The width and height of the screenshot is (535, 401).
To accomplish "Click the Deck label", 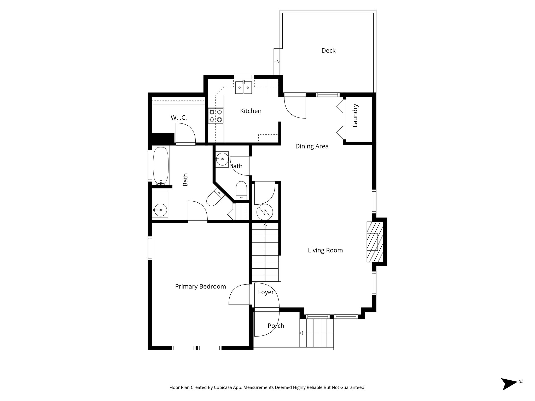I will tap(328, 51).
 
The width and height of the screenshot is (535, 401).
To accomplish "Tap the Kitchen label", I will tap(251, 111).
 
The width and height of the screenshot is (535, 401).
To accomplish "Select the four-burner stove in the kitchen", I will tap(216, 116).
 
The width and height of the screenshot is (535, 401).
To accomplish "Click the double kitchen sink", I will tap(243, 87).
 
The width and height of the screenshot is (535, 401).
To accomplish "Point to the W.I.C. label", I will tap(179, 118).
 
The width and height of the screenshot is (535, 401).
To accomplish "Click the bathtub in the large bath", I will tap(161, 166).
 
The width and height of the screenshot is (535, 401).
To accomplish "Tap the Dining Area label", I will tap(312, 146).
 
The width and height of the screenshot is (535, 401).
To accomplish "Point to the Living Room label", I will tap(325, 250).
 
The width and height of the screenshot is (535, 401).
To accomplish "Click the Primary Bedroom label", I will tap(200, 287).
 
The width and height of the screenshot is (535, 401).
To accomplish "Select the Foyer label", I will tap(266, 292).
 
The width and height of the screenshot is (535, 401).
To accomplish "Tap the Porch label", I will tap(276, 326).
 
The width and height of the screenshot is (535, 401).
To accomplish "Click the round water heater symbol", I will tap(265, 212).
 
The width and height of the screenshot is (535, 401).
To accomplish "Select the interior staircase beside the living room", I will tap(265, 252).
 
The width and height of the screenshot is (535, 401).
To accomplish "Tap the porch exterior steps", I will tap(317, 333).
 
